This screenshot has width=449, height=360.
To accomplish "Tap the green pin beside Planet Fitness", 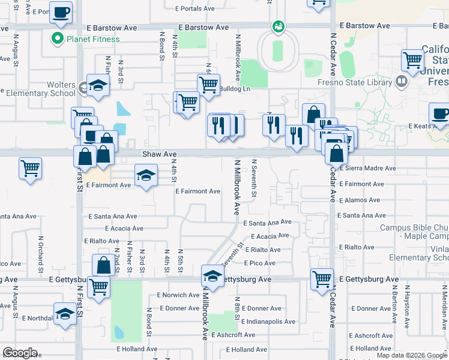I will coord(58,39).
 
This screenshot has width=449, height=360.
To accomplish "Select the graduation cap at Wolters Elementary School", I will coord(98,86).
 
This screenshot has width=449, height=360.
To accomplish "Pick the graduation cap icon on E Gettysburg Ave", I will coord(212,276).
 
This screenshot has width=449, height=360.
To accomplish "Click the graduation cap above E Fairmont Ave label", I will coord(145,176).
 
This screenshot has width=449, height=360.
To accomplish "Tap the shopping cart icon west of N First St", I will coord(29,168).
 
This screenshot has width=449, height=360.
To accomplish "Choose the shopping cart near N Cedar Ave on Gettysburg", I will coord(322,278).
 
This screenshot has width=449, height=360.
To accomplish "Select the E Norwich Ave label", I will coord(178,295).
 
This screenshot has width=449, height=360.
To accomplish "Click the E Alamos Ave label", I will coord(359,200).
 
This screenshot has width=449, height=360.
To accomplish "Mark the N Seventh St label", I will coord(255,179).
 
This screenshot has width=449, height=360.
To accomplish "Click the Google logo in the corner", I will coord(20,353).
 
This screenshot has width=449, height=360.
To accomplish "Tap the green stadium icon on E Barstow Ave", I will coord(278,26).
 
